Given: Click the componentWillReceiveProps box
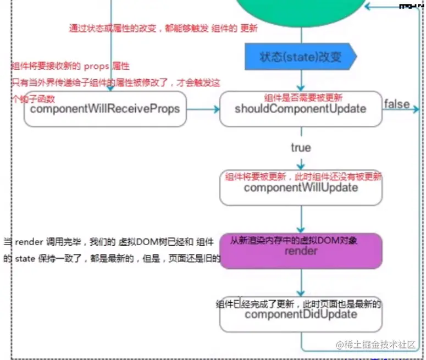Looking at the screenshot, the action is click(104, 109).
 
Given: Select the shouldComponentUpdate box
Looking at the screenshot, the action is click(301, 109).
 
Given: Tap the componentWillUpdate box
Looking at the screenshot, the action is click(301, 188).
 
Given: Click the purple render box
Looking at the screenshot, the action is click(301, 251).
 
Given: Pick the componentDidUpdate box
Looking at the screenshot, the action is click(301, 315).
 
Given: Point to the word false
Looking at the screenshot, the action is click(397, 104).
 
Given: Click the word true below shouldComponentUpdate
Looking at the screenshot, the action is click(301, 148).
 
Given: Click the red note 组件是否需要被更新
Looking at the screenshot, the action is click(303, 97).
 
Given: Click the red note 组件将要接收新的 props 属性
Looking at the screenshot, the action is click(70, 67).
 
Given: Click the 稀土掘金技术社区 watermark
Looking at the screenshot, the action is click(379, 345).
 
